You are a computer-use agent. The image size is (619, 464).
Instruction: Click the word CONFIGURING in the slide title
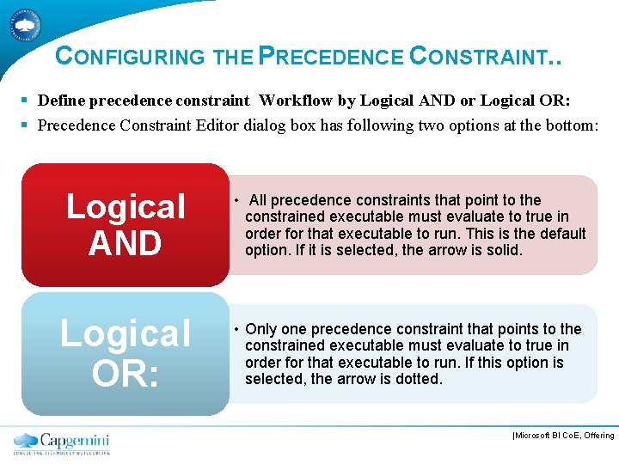point(130,57)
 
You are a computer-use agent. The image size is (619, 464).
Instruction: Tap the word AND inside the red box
point(125,244)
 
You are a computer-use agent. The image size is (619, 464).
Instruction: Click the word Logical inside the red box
point(126,206)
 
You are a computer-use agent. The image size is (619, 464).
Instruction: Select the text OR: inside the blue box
point(125,372)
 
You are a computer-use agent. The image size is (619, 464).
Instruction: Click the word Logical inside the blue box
point(126,334)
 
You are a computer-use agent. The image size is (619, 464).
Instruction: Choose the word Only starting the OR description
point(260,329)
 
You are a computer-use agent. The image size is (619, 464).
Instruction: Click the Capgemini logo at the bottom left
point(62,443)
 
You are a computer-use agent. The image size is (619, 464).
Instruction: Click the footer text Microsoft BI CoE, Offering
point(563,436)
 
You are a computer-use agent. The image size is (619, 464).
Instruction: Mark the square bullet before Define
point(28,101)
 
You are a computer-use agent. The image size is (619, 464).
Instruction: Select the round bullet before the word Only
point(234,329)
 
